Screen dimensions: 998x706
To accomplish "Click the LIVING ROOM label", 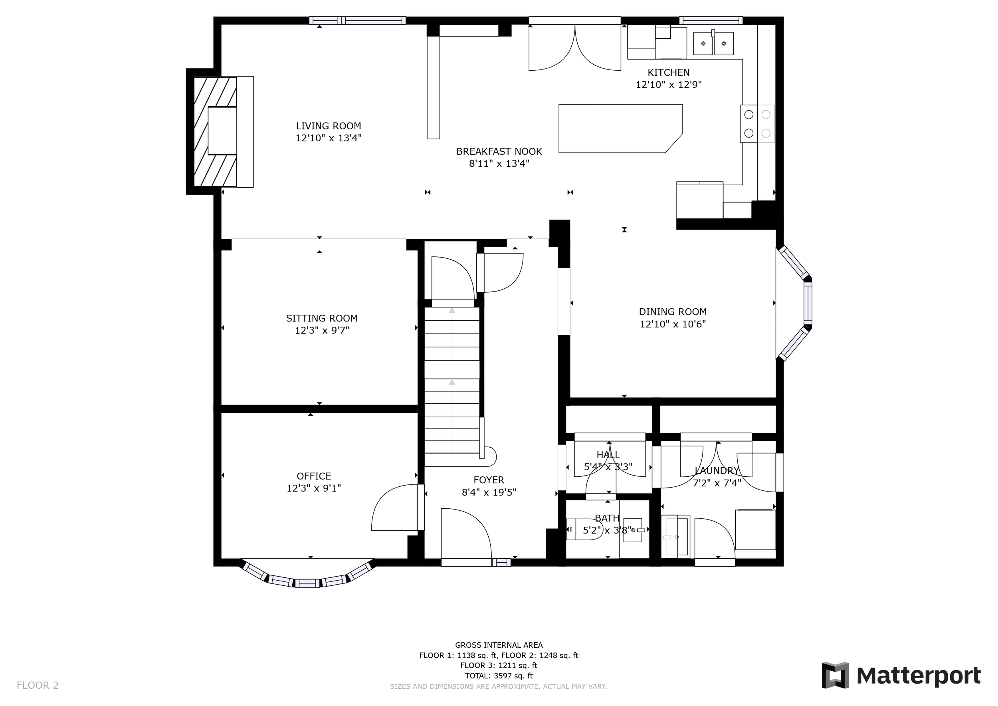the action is tap(329, 126).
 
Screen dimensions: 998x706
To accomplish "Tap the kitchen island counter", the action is tap(620, 129).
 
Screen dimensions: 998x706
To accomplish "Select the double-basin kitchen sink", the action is tap(713, 44).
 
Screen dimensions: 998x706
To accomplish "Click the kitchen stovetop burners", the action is tap(757, 123).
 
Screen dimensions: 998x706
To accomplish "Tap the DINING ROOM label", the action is tap(673, 312).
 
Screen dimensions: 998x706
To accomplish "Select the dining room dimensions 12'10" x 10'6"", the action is tap(673, 324).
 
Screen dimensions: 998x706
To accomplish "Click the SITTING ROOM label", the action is tap(322, 318).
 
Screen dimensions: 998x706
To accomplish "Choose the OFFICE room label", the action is tap(314, 476).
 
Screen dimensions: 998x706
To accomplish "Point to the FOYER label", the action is tap(489, 480).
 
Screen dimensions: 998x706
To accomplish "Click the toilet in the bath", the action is tap(583, 530).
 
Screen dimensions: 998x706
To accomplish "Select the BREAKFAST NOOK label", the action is tap(499, 152).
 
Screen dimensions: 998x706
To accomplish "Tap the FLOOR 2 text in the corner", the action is tap(38, 686).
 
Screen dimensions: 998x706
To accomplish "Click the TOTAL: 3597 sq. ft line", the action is tap(499, 676).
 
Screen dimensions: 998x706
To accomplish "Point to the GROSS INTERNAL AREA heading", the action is tap(499, 645).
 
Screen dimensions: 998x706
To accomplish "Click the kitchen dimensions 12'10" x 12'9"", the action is tap(669, 85).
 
